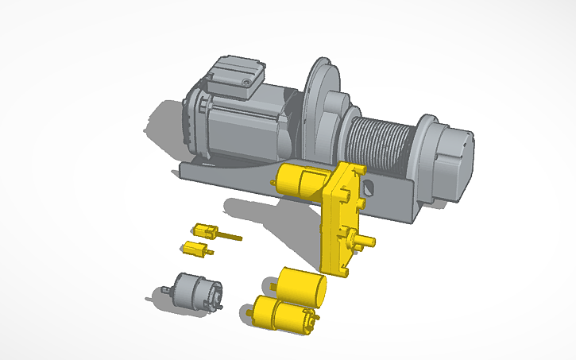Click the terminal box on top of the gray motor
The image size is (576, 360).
coord(234,77)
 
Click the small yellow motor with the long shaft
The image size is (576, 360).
coord(206,231)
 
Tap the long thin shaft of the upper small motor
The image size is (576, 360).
coord(230,236)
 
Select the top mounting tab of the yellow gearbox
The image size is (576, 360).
coord(347,168)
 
